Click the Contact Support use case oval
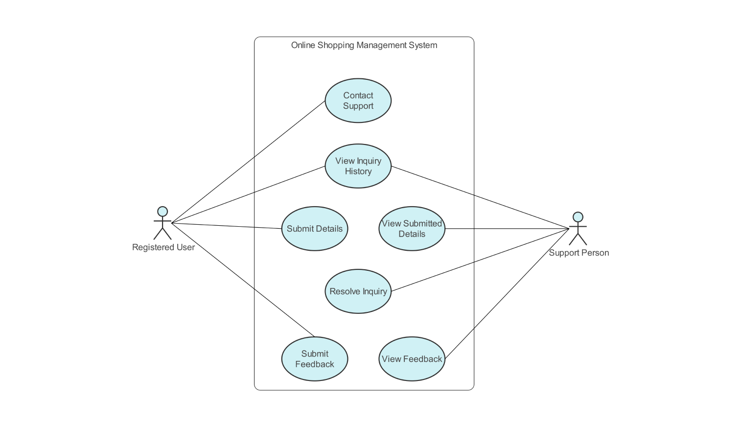(358, 100)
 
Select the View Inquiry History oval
(358, 166)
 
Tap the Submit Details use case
(314, 229)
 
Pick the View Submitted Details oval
(412, 229)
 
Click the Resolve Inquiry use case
(358, 291)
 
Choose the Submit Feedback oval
(314, 359)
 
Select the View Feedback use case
(412, 359)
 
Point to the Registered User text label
(163, 247)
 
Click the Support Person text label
(579, 253)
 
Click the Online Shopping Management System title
(364, 45)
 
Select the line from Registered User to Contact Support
(248, 162)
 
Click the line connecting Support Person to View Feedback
(507, 294)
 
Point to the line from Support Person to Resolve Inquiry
(480, 260)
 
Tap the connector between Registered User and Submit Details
(226, 226)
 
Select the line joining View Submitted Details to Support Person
(507, 229)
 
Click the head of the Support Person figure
(578, 216)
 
